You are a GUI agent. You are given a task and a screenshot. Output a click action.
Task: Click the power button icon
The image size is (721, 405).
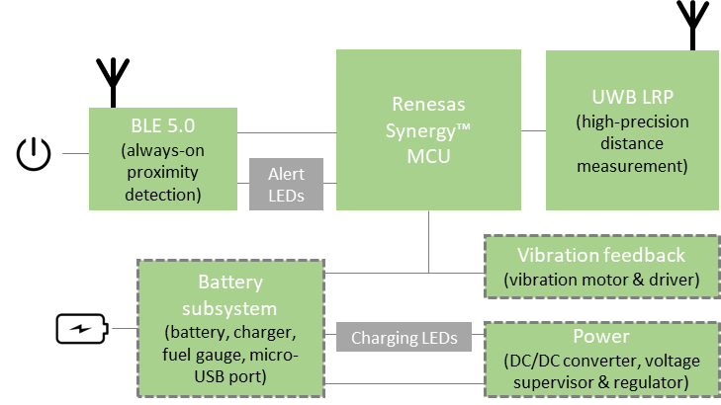[33, 154]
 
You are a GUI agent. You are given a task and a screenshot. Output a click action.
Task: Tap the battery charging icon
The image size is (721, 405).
[82, 329]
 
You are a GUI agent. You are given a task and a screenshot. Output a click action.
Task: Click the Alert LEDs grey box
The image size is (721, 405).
[287, 185]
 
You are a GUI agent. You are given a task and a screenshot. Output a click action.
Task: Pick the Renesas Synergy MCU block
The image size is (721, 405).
[428, 129]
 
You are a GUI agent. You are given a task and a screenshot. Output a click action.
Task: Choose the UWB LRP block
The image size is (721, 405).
[619, 129]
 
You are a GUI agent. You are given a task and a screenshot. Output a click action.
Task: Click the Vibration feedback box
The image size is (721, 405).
[601, 267]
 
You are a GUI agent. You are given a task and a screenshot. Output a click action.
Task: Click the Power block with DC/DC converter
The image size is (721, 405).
[601, 358]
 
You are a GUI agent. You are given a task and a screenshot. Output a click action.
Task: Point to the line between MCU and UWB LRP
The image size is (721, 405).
[533, 130]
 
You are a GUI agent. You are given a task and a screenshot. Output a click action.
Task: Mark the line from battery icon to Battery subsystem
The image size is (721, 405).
[124, 329]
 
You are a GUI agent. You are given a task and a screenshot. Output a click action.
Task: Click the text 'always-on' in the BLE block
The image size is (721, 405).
[163, 151]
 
